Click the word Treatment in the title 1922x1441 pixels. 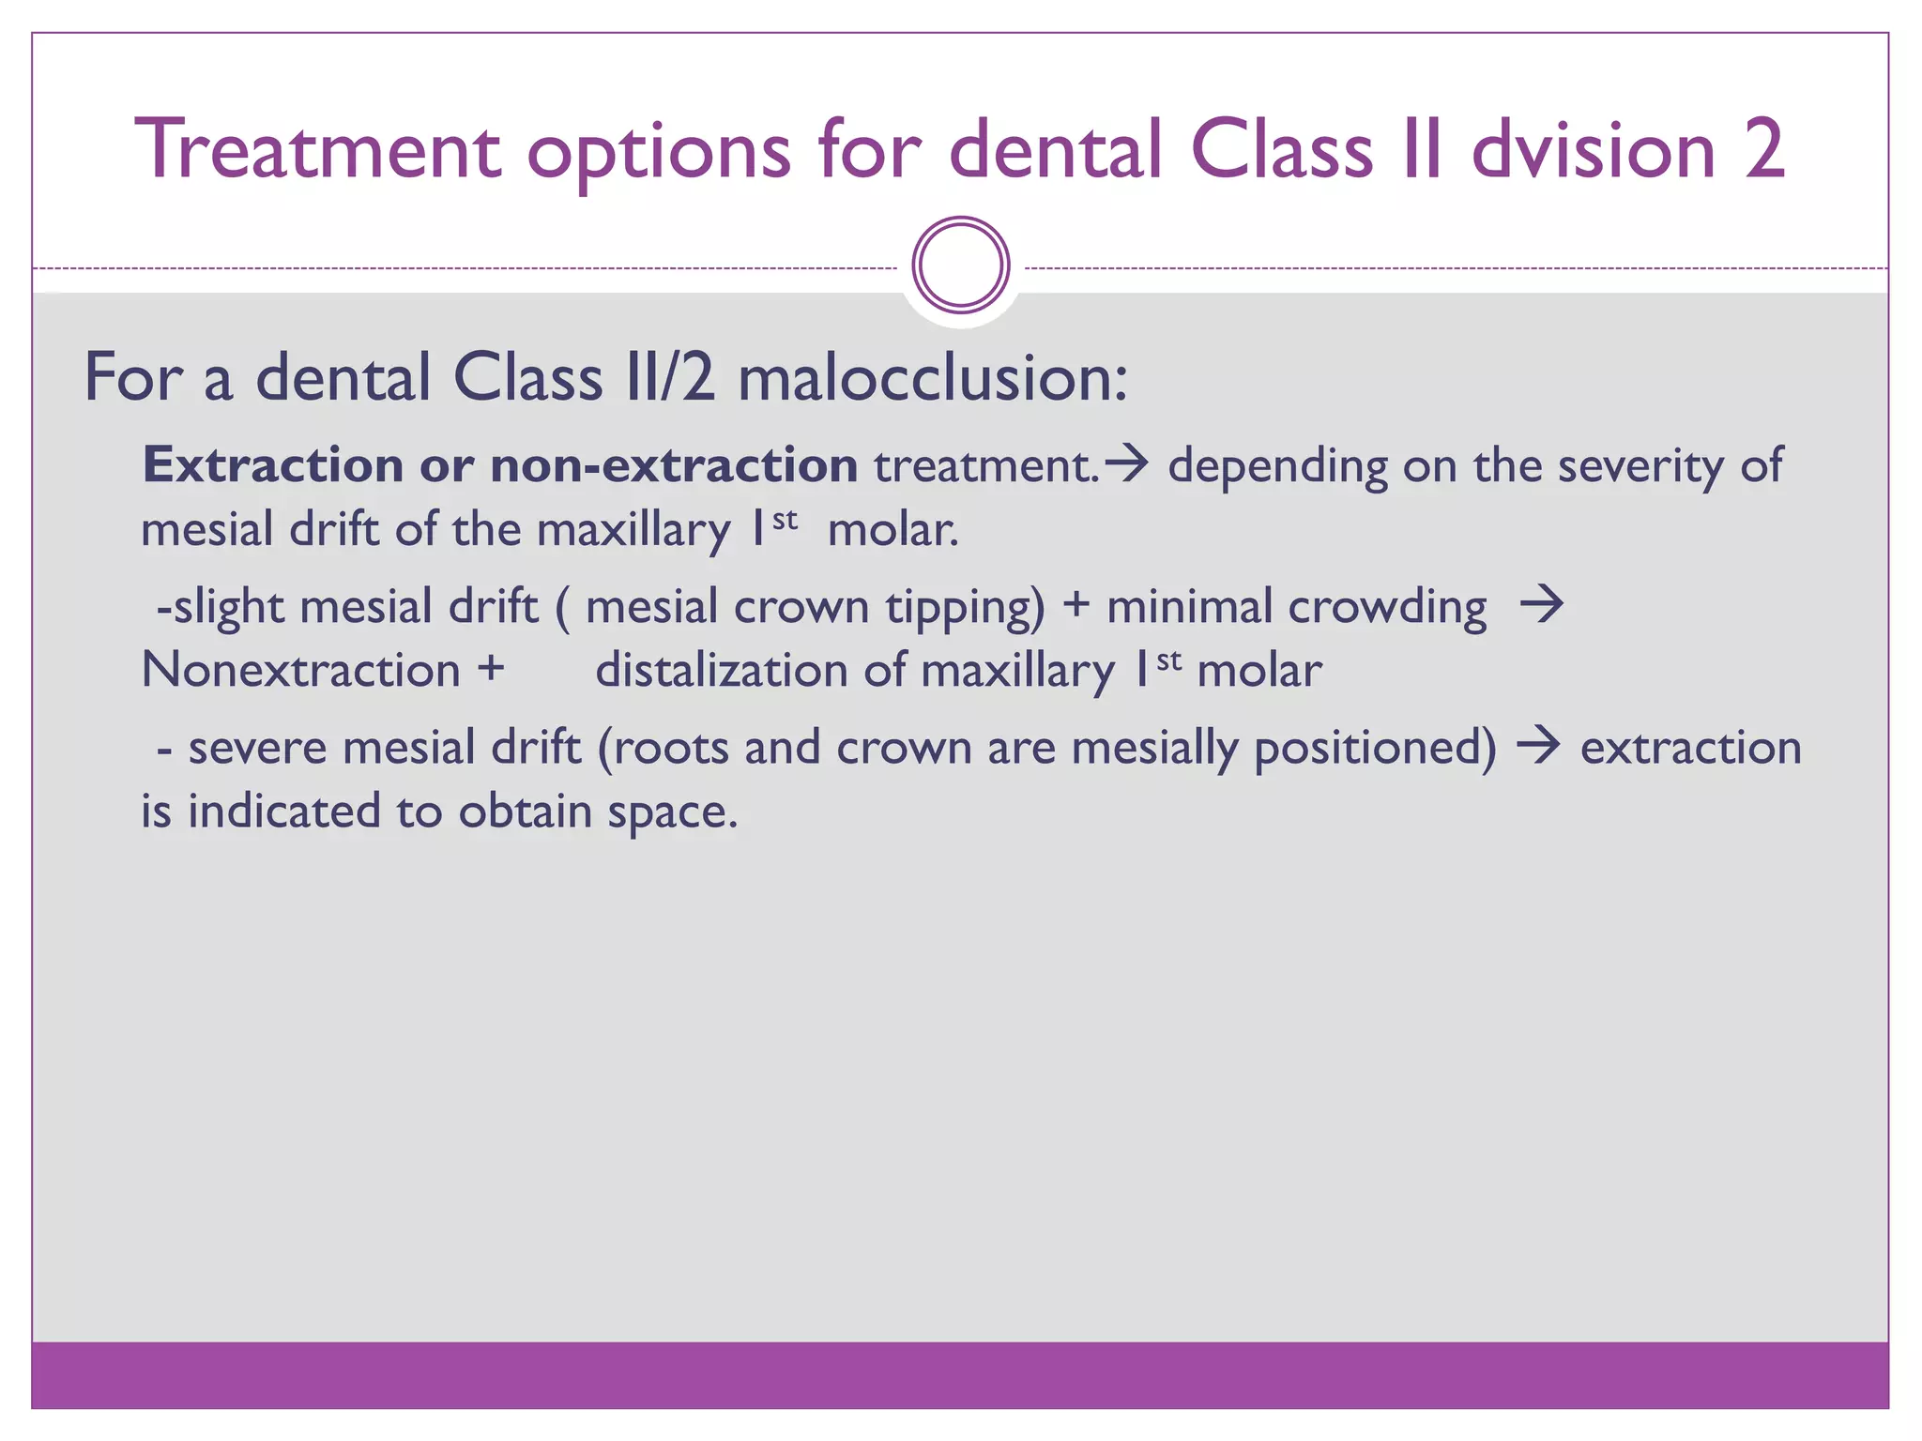(318, 150)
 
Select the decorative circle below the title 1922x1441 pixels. (961, 265)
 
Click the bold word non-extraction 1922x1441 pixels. (674, 465)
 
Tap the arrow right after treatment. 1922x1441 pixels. (1127, 463)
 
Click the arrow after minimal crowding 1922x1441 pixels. (1542, 605)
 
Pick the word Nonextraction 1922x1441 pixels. (300, 671)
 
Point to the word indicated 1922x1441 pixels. (283, 811)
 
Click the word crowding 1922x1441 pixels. (1387, 607)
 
